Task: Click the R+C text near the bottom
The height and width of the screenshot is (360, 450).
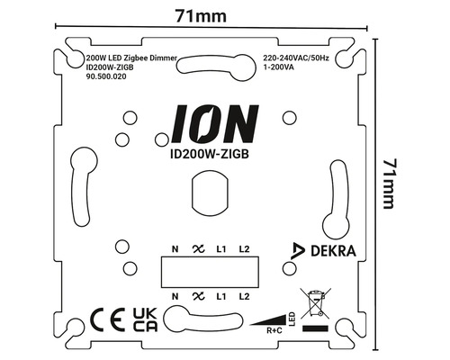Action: point(273,330)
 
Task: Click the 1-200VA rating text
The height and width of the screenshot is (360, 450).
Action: point(279,67)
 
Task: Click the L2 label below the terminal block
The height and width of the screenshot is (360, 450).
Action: point(243,295)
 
